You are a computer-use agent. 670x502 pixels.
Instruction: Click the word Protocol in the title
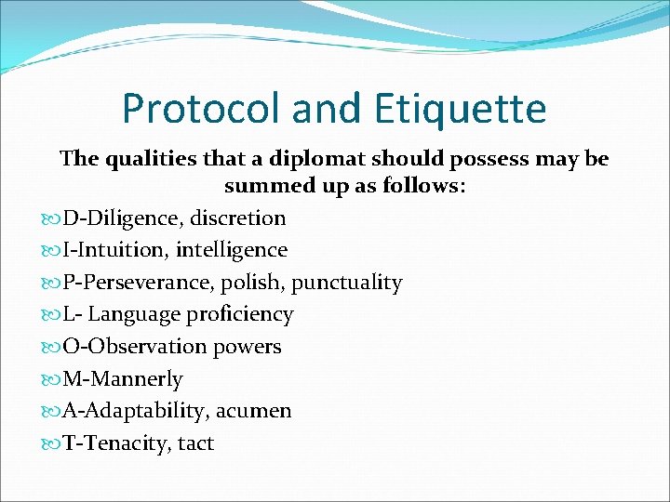point(202,110)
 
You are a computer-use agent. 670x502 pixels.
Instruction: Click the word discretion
point(238,218)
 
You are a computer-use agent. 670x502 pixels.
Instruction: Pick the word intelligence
point(232,250)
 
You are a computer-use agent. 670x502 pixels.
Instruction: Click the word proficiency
point(240,315)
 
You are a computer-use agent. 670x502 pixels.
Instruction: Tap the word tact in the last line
point(195,443)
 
